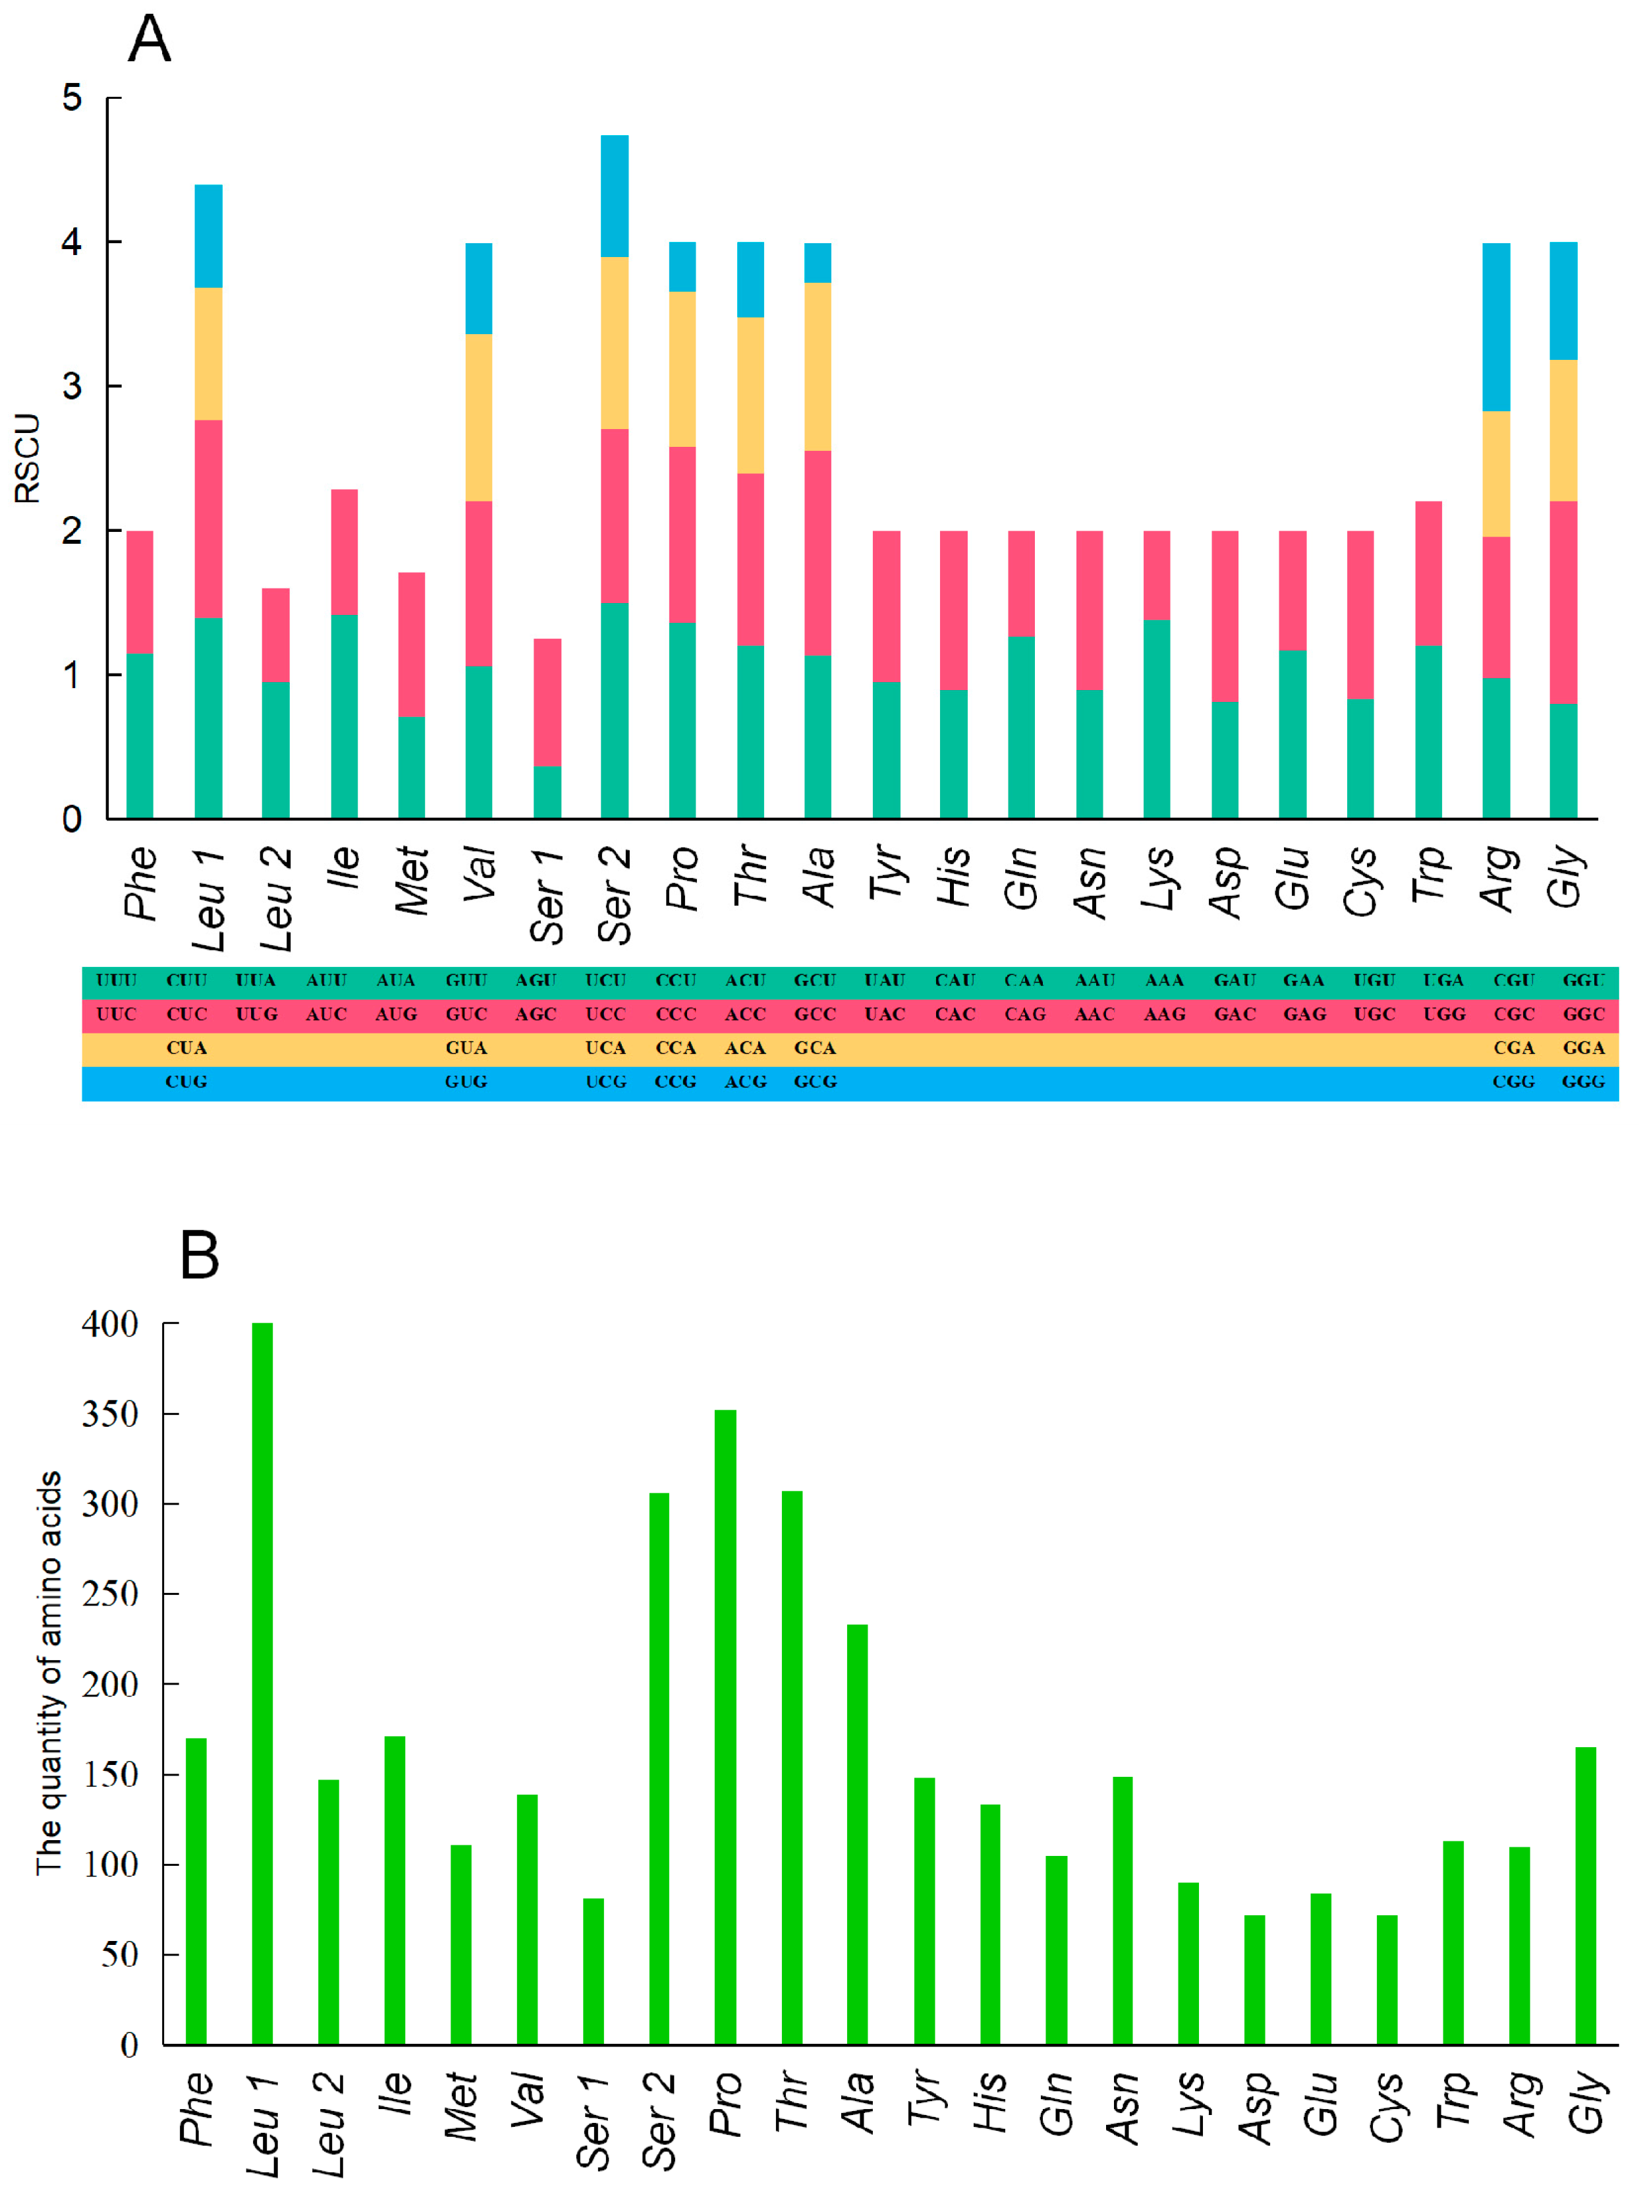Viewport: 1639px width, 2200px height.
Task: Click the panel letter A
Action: [x=150, y=40]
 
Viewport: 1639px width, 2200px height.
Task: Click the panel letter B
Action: [x=200, y=1256]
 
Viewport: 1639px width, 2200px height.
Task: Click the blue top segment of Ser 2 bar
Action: [x=614, y=196]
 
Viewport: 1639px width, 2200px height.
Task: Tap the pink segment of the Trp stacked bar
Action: [x=1429, y=573]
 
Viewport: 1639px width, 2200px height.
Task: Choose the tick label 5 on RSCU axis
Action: [x=71, y=98]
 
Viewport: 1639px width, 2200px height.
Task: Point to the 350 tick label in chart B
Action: [x=110, y=1414]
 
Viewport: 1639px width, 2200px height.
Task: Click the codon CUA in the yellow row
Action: [x=186, y=1048]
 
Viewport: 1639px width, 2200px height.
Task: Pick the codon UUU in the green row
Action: [x=116, y=981]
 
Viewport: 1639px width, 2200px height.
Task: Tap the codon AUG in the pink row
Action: [x=396, y=1014]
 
